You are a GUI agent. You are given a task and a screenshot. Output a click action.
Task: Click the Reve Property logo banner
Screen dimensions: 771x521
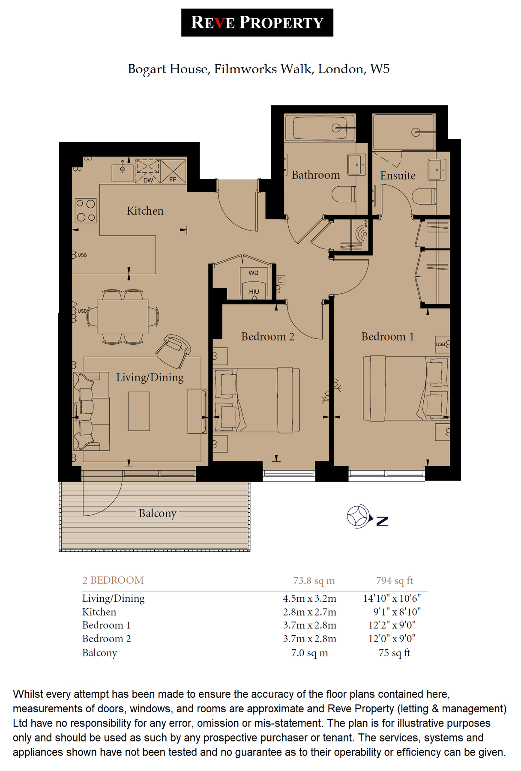pos(257,23)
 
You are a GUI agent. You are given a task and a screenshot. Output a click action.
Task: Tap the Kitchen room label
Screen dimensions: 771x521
pos(145,211)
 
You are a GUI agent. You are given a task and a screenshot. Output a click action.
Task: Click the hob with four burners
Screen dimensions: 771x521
pos(86,210)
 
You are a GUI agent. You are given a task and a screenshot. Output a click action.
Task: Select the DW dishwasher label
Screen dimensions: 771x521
pos(148,180)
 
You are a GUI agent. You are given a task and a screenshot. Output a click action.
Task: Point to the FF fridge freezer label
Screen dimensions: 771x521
pos(173,179)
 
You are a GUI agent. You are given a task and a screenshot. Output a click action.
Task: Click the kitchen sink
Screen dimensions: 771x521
pos(122,173)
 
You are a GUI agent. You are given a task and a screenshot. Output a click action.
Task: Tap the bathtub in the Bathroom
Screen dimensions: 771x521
pos(320,128)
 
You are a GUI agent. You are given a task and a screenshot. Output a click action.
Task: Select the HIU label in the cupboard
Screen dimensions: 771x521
pos(254,292)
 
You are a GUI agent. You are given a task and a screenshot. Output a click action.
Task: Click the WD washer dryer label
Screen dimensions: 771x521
pos(254,273)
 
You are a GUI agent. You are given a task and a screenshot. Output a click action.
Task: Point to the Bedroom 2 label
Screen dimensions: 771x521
pos(267,337)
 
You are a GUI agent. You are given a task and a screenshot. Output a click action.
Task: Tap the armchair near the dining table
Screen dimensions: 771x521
pos(174,351)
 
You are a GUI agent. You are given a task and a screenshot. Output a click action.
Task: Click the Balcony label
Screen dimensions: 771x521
pos(157,513)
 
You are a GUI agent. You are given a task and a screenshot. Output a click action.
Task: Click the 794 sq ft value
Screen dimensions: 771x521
pos(394,580)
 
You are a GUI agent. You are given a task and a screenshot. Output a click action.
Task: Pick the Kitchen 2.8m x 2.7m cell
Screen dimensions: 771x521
pos(309,612)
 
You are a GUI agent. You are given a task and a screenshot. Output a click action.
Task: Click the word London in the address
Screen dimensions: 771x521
pos(341,69)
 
